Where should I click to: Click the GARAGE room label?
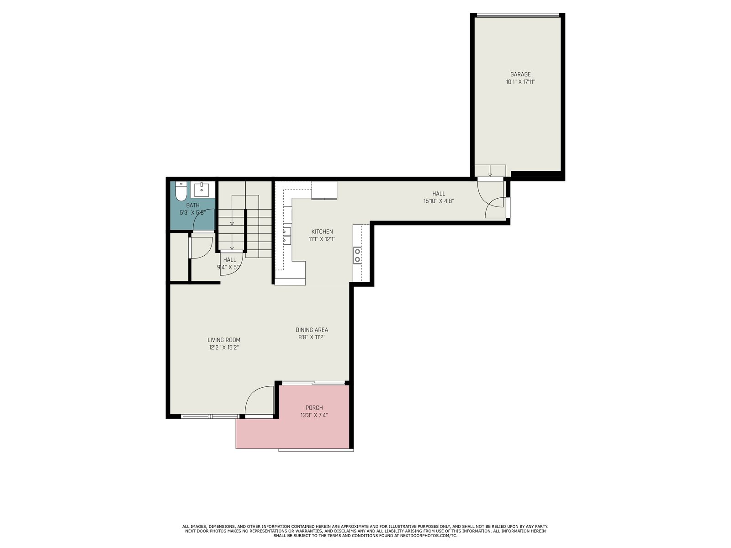tap(520, 74)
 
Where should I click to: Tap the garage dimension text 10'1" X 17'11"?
tap(520, 82)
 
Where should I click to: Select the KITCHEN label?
tap(322, 232)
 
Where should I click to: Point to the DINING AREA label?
tap(312, 330)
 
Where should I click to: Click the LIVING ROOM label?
tap(224, 340)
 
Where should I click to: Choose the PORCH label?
tap(314, 408)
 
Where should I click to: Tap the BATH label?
tap(193, 205)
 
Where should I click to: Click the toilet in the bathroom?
tap(181, 191)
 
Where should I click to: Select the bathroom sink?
tap(201, 190)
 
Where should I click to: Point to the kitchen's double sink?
tap(287, 235)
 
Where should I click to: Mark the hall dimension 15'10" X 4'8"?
tap(439, 201)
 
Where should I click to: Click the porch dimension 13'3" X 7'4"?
tap(314, 415)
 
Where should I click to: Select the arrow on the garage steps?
tap(490, 171)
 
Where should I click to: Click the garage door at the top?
tap(518, 16)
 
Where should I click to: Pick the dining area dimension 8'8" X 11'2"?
tap(312, 337)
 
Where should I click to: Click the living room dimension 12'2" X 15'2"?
tap(224, 348)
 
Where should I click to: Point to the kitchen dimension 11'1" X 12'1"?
tap(322, 239)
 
